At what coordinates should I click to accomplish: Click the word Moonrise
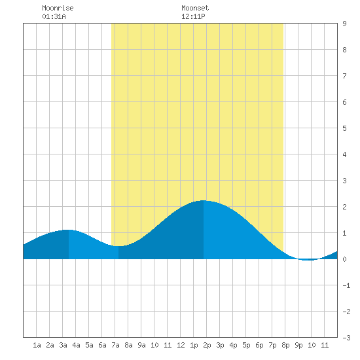(x=58, y=8)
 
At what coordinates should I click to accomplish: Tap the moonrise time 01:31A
(x=54, y=16)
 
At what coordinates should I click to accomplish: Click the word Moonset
(x=195, y=8)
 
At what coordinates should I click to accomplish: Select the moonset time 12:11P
(x=193, y=16)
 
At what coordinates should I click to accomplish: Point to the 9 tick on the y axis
(x=344, y=24)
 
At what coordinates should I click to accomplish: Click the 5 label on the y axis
(x=344, y=128)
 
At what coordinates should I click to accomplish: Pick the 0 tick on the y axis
(x=344, y=259)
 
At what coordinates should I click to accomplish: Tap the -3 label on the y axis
(x=346, y=338)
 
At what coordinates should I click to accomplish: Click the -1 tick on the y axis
(x=346, y=285)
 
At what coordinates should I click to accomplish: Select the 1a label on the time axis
(x=37, y=345)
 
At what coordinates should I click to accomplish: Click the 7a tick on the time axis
(x=115, y=345)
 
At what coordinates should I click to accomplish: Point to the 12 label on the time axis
(x=181, y=345)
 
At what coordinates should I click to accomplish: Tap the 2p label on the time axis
(x=207, y=345)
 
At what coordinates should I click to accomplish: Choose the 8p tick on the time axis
(x=285, y=345)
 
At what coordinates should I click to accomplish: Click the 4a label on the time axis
(x=76, y=345)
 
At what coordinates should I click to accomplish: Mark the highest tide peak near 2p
(x=204, y=200)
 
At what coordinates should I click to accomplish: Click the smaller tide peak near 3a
(x=69, y=230)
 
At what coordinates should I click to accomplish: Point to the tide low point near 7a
(x=118, y=246)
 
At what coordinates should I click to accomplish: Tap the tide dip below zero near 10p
(x=308, y=260)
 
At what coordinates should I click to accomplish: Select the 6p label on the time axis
(x=259, y=345)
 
